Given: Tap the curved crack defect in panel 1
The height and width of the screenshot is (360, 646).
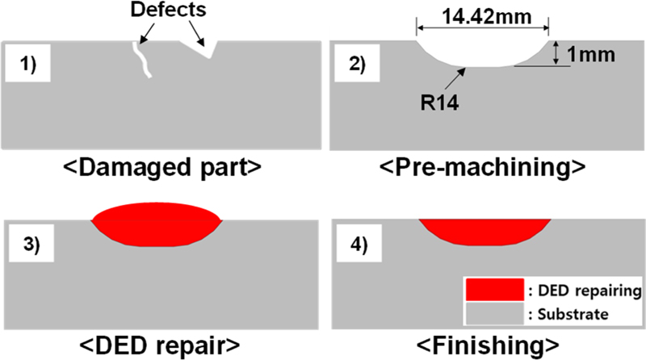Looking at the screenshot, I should [141, 59].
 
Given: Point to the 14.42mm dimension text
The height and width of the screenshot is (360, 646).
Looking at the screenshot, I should [483, 14].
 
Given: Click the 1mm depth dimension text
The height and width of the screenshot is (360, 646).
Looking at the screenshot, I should [594, 55].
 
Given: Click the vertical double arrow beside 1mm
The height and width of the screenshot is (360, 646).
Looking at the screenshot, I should [556, 54].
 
